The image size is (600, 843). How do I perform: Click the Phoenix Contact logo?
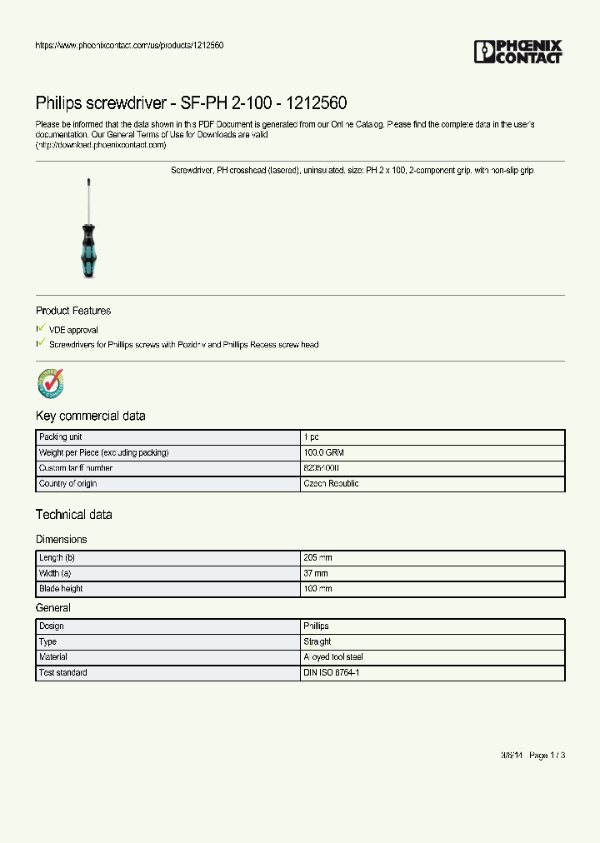pyautogui.click(x=517, y=52)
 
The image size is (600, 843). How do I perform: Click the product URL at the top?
pyautogui.click(x=129, y=45)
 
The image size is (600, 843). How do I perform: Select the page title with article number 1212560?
pyautogui.click(x=191, y=103)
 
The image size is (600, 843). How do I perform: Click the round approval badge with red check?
pyautogui.click(x=50, y=383)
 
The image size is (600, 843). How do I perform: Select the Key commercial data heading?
pyautogui.click(x=90, y=416)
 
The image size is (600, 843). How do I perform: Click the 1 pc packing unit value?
pyautogui.click(x=311, y=437)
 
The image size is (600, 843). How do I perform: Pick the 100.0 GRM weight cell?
pyautogui.click(x=323, y=452)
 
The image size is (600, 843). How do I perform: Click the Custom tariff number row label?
pyautogui.click(x=76, y=468)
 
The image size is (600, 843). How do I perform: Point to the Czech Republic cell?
pyautogui.click(x=331, y=484)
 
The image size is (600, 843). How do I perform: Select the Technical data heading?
pyautogui.click(x=73, y=515)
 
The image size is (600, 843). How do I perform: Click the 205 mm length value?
pyautogui.click(x=317, y=557)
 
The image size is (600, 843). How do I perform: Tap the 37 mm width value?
pyautogui.click(x=316, y=573)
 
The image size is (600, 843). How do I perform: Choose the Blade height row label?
pyautogui.click(x=61, y=589)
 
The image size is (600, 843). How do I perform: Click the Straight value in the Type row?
pyautogui.click(x=317, y=641)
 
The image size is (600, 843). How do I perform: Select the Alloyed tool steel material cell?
pyautogui.click(x=332, y=657)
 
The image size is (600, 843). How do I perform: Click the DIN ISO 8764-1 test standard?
pyautogui.click(x=332, y=672)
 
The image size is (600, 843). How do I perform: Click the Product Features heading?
pyautogui.click(x=73, y=311)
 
